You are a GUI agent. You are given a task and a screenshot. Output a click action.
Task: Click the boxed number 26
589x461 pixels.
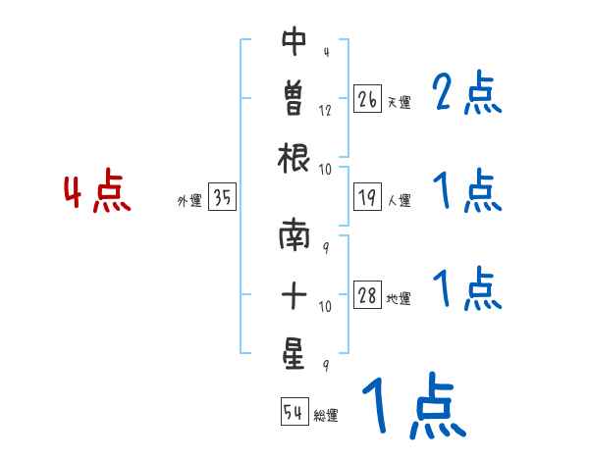tap(367, 99)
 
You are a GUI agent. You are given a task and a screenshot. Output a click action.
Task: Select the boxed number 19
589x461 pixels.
tap(367, 197)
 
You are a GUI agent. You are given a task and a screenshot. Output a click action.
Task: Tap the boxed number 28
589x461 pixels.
tap(367, 295)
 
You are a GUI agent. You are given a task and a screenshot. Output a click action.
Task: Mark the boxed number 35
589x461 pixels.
tap(222, 198)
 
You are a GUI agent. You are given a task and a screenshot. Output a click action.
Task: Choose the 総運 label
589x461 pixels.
tap(325, 415)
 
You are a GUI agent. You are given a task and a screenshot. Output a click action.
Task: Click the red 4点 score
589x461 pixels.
tap(97, 193)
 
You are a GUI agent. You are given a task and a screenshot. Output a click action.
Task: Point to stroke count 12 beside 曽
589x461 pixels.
tap(325, 110)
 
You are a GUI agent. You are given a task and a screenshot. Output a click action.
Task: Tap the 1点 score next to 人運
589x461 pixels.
tap(466, 190)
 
